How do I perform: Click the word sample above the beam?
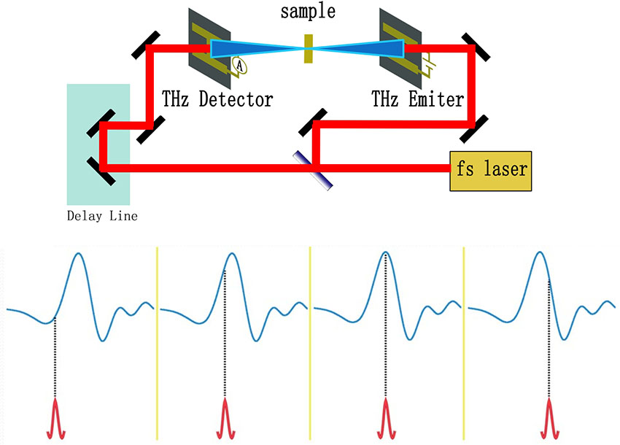coord(308,12)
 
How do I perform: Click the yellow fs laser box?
coord(490,171)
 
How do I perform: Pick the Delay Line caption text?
coord(101,216)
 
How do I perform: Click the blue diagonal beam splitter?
coord(314,171)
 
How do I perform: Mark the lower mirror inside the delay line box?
coord(101,170)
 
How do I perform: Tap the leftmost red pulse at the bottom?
coord(56,419)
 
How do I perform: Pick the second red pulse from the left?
coord(224,419)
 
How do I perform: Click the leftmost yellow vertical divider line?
coord(157,343)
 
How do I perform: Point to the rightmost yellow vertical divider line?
coord(464,343)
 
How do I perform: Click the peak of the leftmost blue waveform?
coord(77,255)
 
